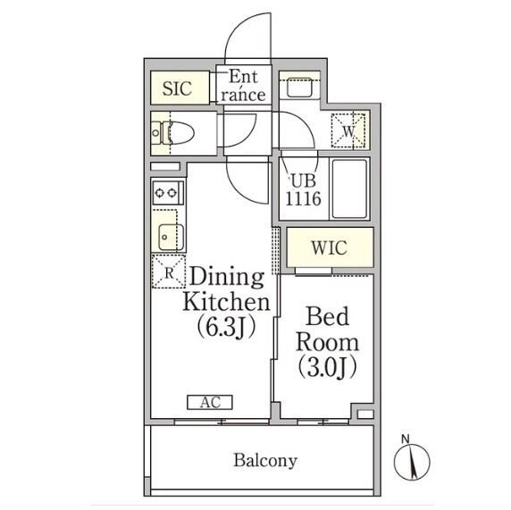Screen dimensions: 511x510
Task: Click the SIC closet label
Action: click(x=177, y=88)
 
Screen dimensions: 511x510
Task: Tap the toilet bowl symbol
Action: click(x=180, y=133)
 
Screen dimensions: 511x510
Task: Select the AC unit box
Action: click(x=210, y=402)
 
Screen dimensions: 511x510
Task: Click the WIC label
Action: click(x=330, y=248)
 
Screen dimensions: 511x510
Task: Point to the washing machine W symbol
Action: click(x=348, y=131)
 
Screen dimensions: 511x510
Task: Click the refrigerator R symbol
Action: click(x=169, y=272)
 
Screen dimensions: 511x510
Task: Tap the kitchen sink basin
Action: click(x=171, y=237)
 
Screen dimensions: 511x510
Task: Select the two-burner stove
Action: click(x=168, y=193)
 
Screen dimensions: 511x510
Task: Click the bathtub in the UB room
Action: click(x=349, y=188)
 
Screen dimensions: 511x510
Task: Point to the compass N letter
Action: click(x=405, y=439)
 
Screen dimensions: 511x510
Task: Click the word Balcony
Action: click(x=265, y=461)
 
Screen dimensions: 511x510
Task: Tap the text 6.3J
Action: click(x=226, y=328)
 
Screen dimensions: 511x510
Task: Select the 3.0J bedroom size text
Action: click(x=327, y=368)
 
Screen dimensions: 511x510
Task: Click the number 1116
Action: click(x=303, y=197)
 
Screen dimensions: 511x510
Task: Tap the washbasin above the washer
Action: click(x=299, y=88)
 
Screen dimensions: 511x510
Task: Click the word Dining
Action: click(x=227, y=277)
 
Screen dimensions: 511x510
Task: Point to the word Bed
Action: click(x=328, y=316)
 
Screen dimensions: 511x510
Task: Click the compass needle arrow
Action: click(x=414, y=464)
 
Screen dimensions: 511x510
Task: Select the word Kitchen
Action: click(x=226, y=302)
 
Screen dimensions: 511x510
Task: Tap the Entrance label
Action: click(x=243, y=86)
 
